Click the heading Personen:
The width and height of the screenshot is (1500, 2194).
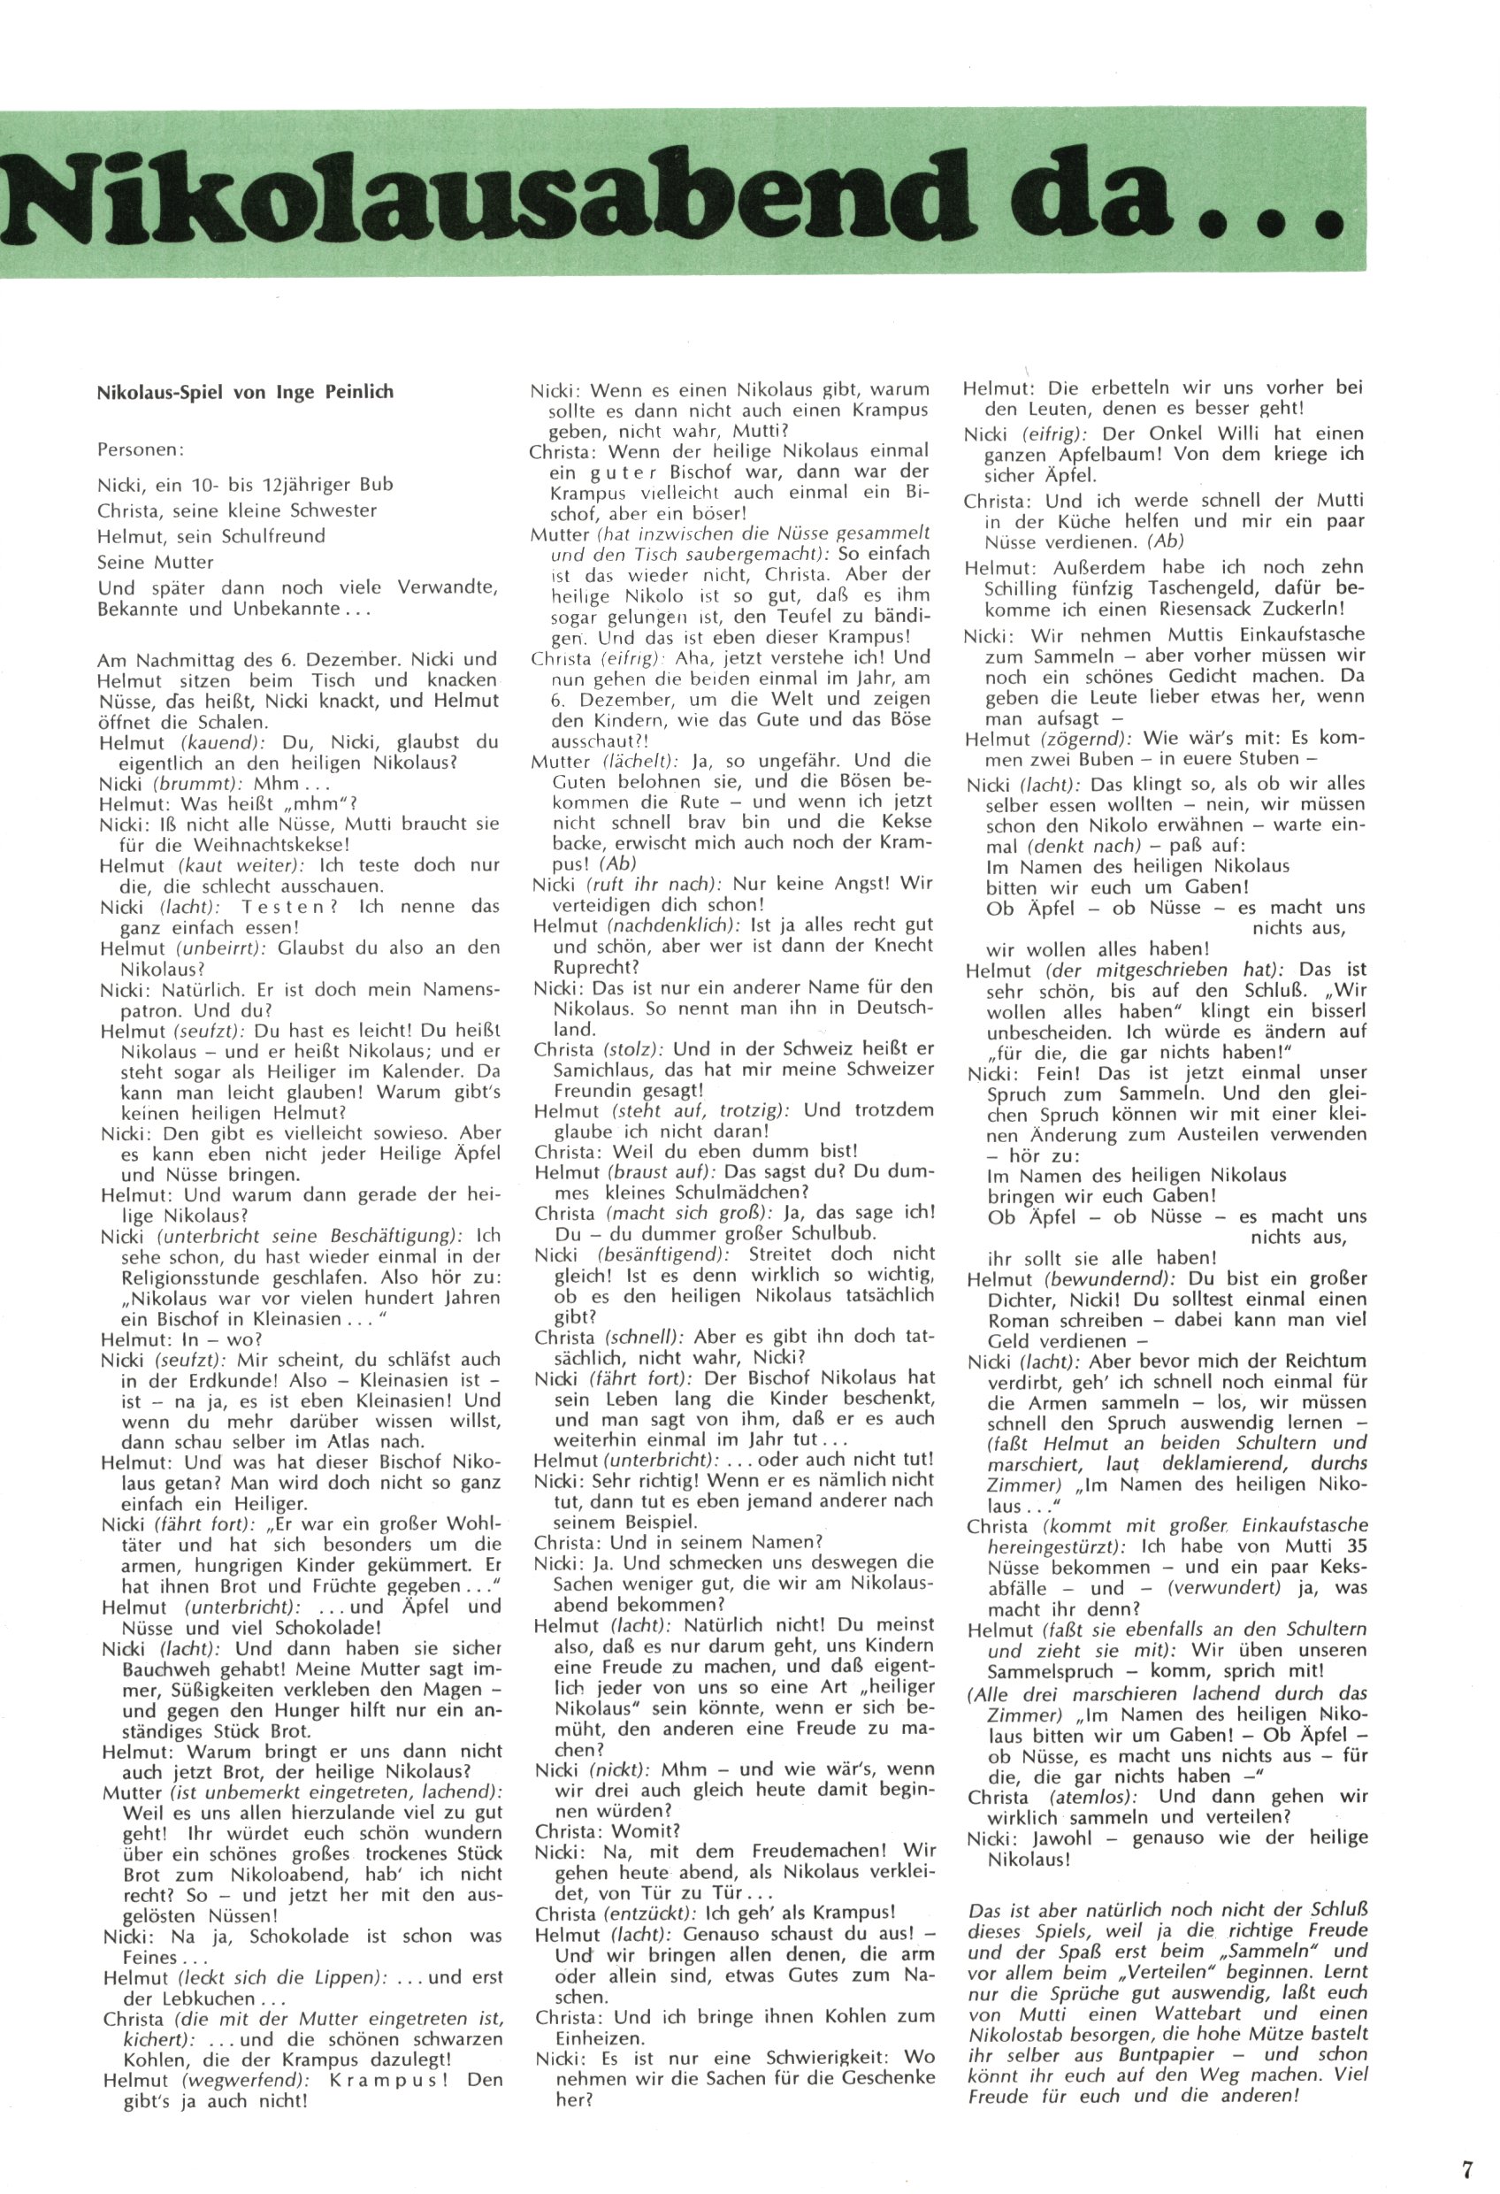click(x=141, y=450)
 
